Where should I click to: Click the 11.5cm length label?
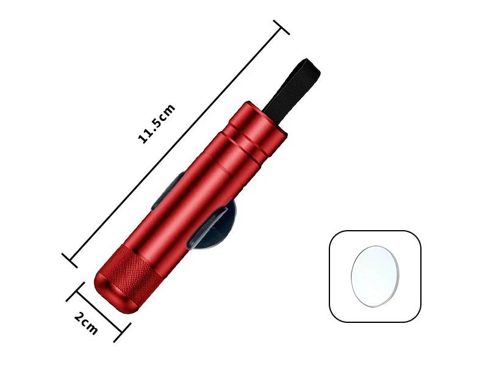coord(157,124)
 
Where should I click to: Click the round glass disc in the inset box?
coord(375,275)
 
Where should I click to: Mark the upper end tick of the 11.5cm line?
coord(281,27)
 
